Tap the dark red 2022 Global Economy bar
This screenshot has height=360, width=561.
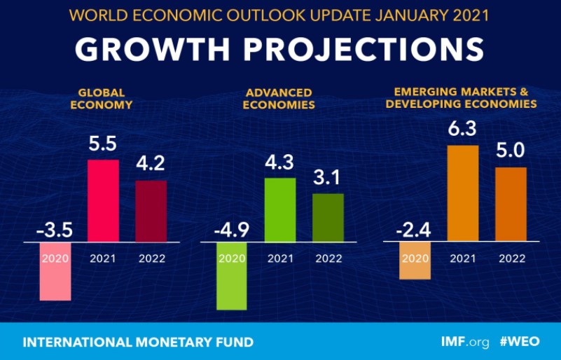pyautogui.click(x=151, y=212)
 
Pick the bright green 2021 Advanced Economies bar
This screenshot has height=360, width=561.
pyautogui.click(x=280, y=210)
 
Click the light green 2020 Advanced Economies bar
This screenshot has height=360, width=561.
pyautogui.click(x=232, y=277)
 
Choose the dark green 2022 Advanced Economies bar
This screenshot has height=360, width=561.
pyautogui.click(x=328, y=218)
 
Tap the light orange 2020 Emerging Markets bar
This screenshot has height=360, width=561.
pyautogui.click(x=415, y=261)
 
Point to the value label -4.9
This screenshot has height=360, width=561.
pyautogui.click(x=232, y=230)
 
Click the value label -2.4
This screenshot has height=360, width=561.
pyautogui.click(x=415, y=230)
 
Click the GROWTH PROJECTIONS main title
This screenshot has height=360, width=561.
pyautogui.click(x=279, y=50)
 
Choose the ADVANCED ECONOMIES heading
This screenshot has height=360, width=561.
pyautogui.click(x=279, y=99)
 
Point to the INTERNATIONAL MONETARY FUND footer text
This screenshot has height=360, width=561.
pyautogui.click(x=138, y=342)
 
